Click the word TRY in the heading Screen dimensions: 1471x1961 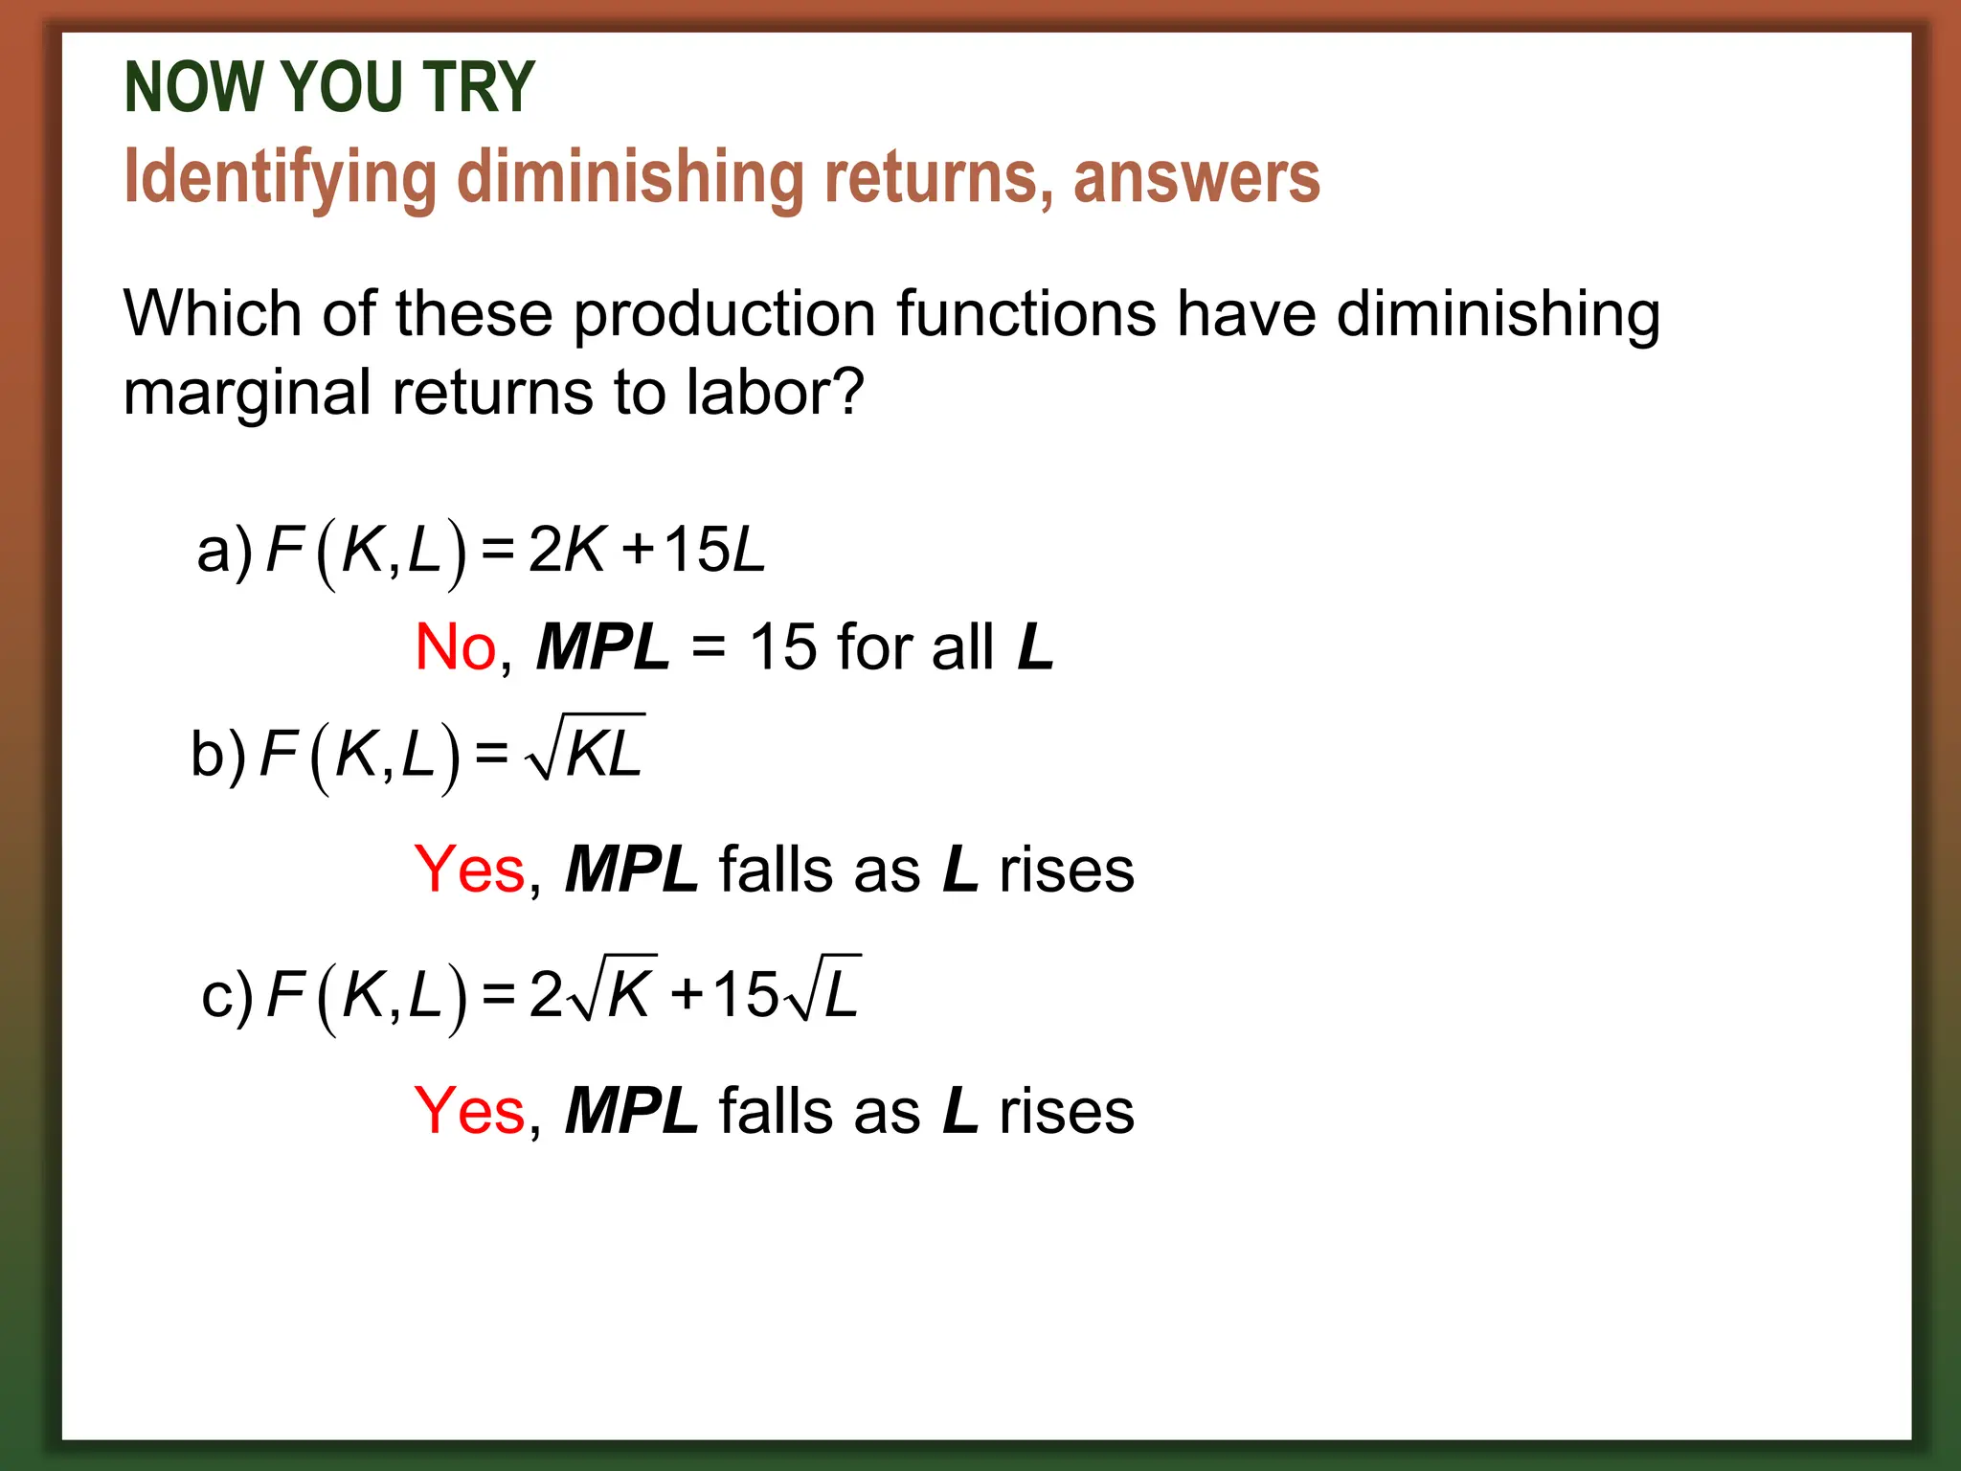click(478, 87)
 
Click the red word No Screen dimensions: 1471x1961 click(455, 647)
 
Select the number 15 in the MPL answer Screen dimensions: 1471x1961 click(782, 647)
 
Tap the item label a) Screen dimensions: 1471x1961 click(224, 551)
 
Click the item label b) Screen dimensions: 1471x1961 click(218, 755)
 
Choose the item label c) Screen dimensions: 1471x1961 click(227, 996)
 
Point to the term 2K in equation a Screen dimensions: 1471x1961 click(567, 551)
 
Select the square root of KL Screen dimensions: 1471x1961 click(584, 749)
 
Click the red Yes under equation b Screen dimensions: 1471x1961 click(469, 870)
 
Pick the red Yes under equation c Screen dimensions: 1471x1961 click(469, 1111)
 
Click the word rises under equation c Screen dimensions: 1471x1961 click(1066, 1111)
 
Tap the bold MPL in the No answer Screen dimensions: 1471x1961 click(602, 647)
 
